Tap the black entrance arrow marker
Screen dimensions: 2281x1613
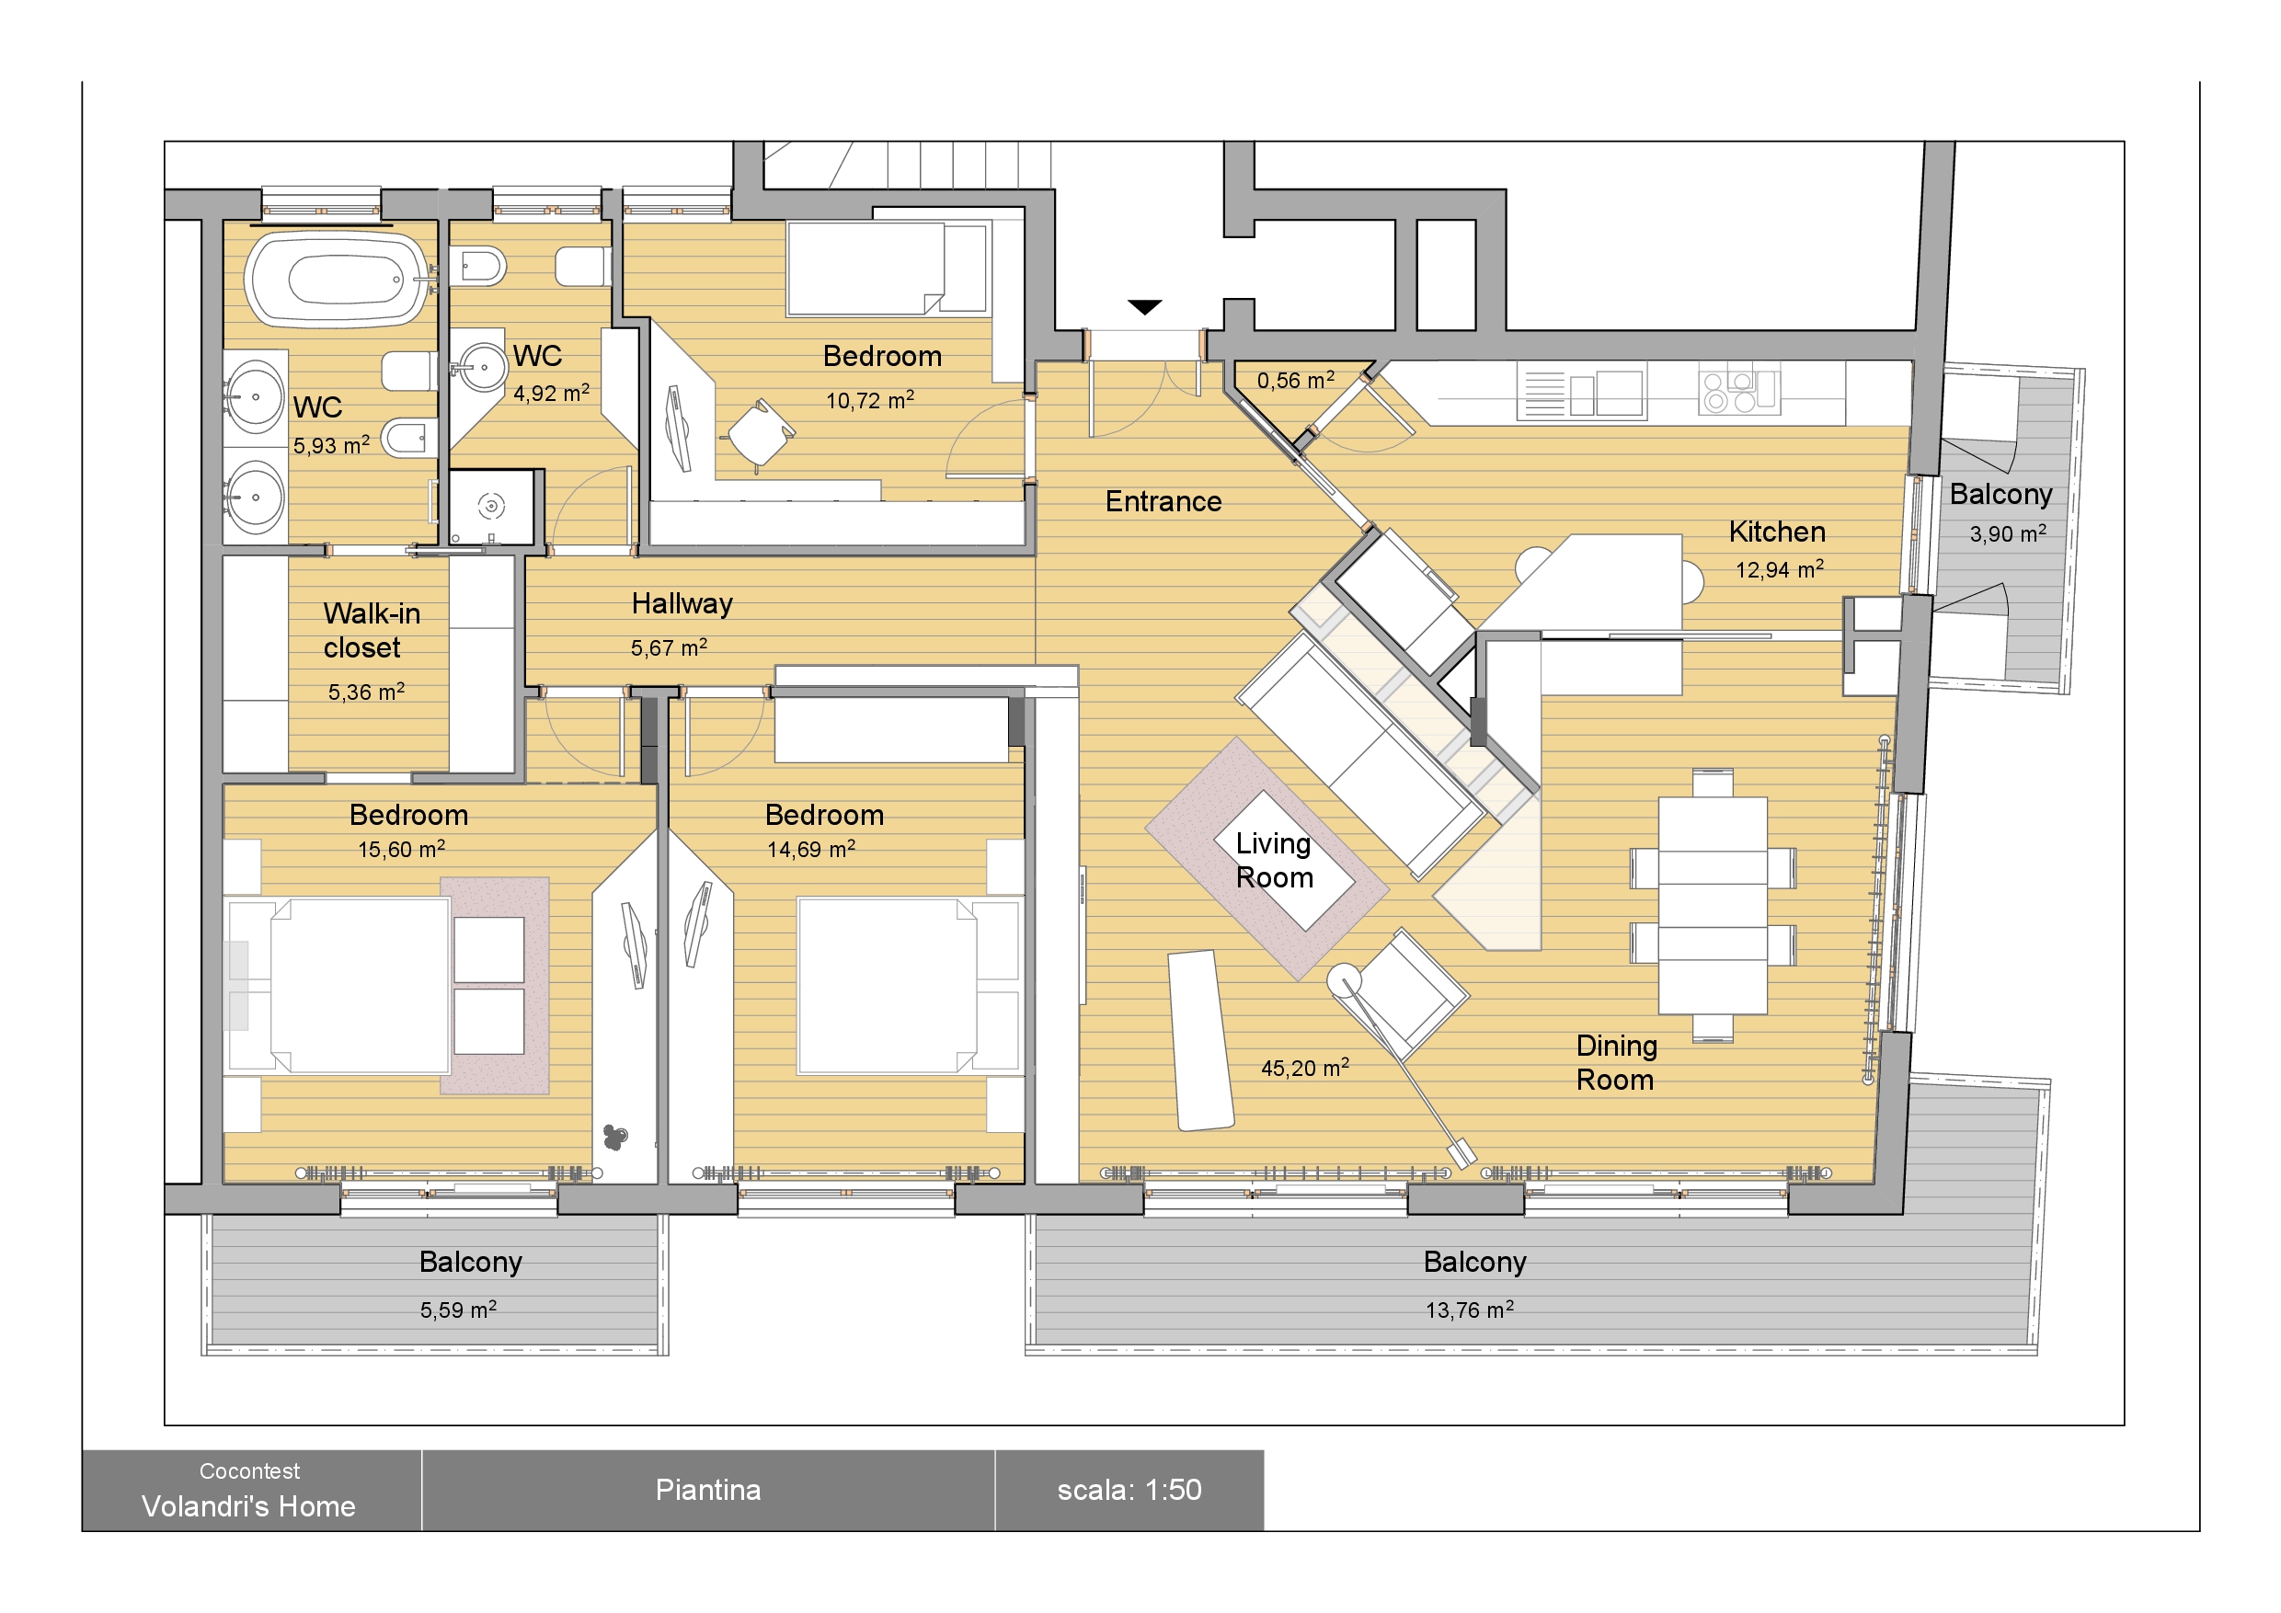tap(1144, 307)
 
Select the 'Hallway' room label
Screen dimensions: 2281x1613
tap(682, 604)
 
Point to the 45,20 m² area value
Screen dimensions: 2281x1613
tap(1304, 1068)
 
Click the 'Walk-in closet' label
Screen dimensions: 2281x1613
tap(372, 631)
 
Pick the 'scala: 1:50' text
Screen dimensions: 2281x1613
tap(1129, 1490)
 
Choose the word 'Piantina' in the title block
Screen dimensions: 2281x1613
tap(708, 1490)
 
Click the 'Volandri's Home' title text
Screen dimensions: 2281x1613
tap(248, 1506)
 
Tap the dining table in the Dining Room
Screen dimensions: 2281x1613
tap(1713, 905)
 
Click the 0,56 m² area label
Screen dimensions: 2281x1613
tap(1296, 381)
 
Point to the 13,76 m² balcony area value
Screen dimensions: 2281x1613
tap(1470, 1310)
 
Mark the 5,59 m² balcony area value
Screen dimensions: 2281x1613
tap(458, 1310)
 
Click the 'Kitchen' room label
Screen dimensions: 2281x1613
tap(1777, 532)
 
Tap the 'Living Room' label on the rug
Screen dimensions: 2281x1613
tap(1275, 861)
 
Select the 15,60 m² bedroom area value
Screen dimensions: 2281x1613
tap(401, 849)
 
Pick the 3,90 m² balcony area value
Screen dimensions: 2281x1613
tap(2008, 533)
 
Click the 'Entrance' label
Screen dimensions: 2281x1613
tap(1163, 501)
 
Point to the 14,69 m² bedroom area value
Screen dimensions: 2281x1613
tap(810, 849)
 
